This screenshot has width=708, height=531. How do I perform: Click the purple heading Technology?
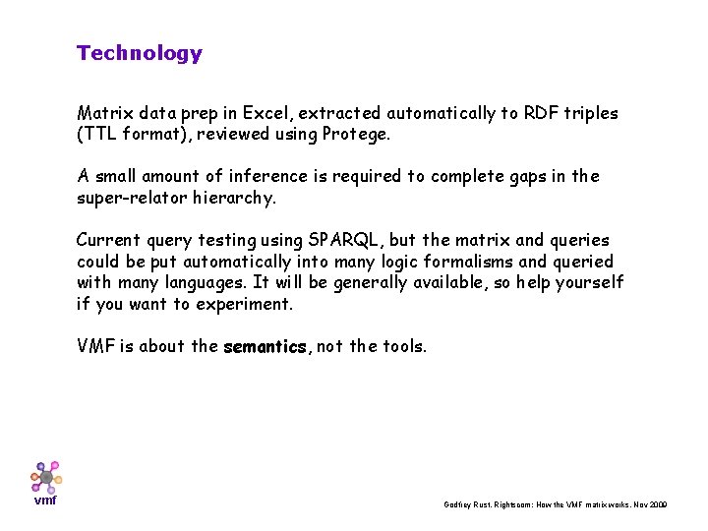[139, 53]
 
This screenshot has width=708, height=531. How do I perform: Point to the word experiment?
[247, 304]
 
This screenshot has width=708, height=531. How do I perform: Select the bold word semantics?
[265, 347]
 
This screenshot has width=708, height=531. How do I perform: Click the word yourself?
[589, 283]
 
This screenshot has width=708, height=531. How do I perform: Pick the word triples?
[591, 113]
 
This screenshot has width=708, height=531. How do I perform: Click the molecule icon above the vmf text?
[45, 476]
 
